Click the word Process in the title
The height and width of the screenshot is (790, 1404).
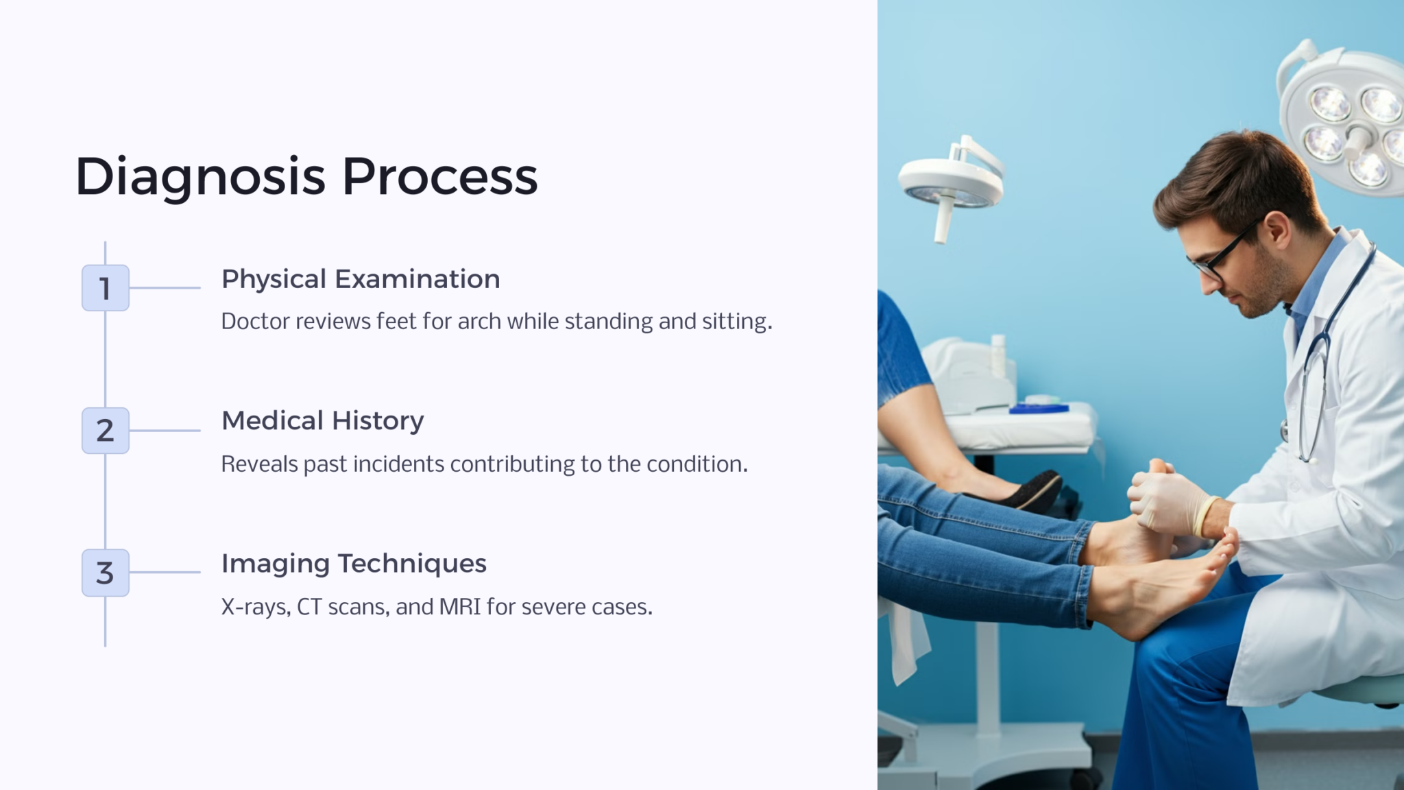point(439,176)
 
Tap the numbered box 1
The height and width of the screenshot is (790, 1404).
point(106,288)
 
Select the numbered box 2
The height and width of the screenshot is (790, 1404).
point(106,431)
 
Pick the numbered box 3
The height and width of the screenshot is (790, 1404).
point(106,573)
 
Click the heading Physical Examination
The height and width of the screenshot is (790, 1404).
point(361,280)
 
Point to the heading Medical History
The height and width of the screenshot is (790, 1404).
point(323,421)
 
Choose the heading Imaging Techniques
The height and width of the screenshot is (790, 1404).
point(354,564)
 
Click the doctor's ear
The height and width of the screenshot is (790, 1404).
point(1276,230)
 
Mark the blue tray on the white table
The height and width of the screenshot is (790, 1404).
point(1038,409)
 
